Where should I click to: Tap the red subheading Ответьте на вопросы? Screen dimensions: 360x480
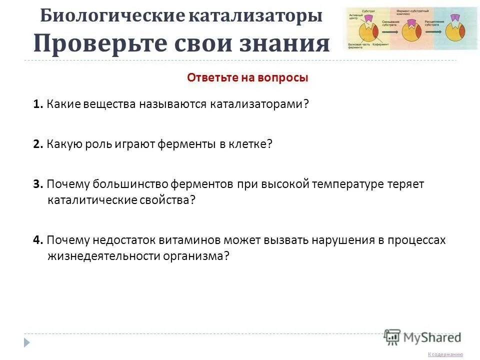pyautogui.click(x=247, y=78)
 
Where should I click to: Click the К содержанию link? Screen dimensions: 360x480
pyautogui.click(x=445, y=354)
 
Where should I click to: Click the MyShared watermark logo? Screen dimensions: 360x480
pyautogui.click(x=423, y=337)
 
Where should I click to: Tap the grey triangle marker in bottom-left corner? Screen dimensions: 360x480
pyautogui.click(x=27, y=342)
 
